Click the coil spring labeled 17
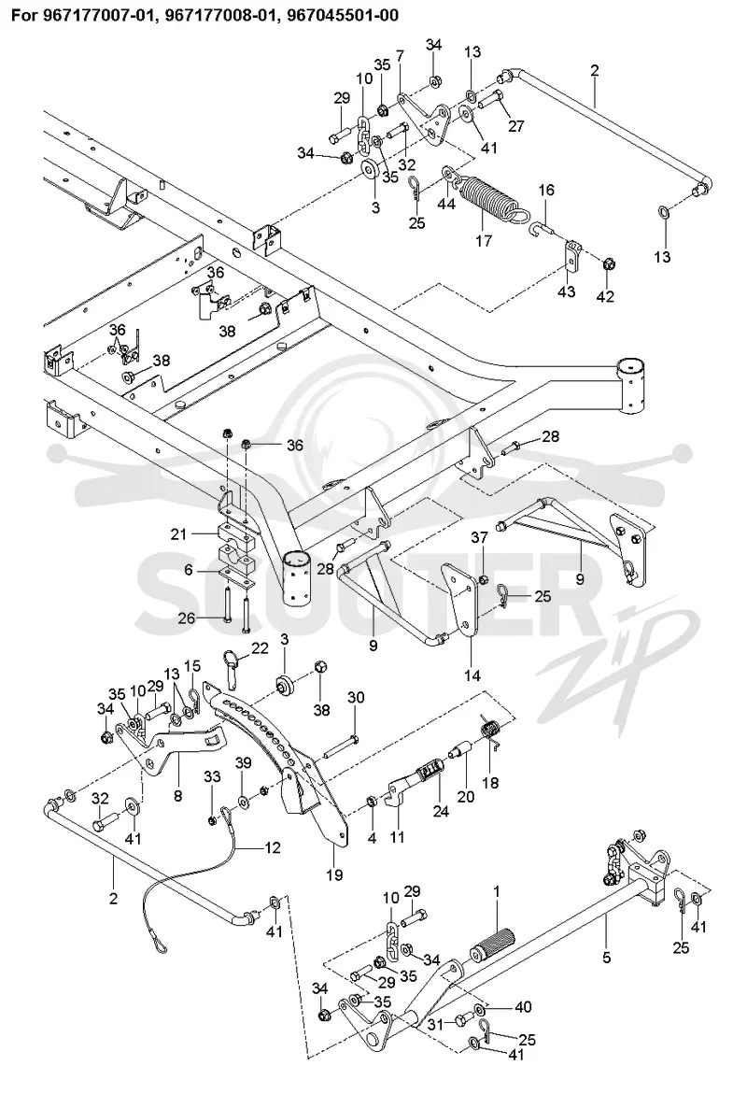coord(488,198)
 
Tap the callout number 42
coord(605,296)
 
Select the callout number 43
coord(566,291)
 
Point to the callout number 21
coord(179,534)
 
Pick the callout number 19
coord(335,874)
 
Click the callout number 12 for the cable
coord(272,847)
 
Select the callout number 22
coord(260,649)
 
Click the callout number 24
coord(441,812)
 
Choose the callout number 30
coord(356,698)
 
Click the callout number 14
coord(472,675)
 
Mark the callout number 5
coord(606,958)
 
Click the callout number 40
coord(522,1007)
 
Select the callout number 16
coord(546,190)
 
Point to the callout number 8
coord(177,796)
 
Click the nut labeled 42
coord(608,266)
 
